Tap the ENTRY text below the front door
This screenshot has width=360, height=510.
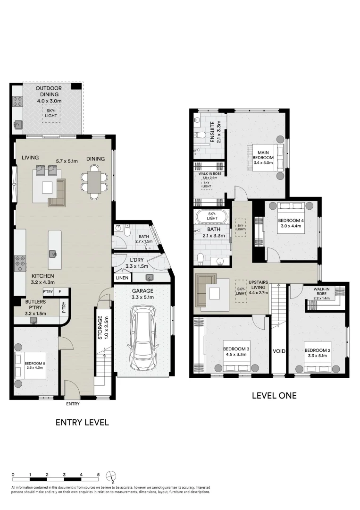73,404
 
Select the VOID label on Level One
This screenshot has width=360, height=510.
279,351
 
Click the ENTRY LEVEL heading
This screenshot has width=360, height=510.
82,422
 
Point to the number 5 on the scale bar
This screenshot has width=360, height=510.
98,475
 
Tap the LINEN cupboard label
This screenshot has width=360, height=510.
121,278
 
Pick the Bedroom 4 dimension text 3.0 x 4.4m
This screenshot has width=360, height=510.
290,226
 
